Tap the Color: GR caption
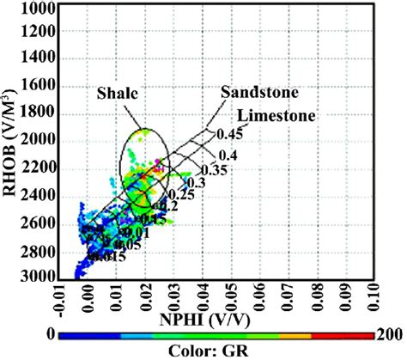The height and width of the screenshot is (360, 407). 215,351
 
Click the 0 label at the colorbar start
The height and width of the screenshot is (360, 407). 52,335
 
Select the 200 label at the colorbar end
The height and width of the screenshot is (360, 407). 389,335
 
